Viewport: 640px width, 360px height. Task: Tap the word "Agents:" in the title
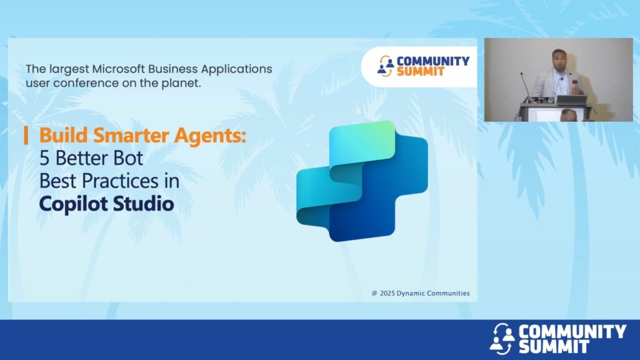coord(210,136)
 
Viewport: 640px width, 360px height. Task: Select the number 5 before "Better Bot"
coord(44,158)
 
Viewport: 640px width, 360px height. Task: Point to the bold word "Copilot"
coord(73,204)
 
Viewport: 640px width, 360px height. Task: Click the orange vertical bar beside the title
coord(26,135)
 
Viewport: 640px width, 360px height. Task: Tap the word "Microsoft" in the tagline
coord(118,69)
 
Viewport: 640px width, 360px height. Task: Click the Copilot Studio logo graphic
coord(362,181)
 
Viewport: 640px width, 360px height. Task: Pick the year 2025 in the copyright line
coord(387,294)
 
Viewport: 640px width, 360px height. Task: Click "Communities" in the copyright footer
coord(448,294)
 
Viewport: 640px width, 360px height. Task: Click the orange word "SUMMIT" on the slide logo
coord(421,71)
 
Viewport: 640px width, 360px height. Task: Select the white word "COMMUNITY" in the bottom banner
coord(572,331)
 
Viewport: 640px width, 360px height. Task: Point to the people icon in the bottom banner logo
coord(502,339)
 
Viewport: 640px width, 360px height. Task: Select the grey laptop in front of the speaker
coord(571,100)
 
